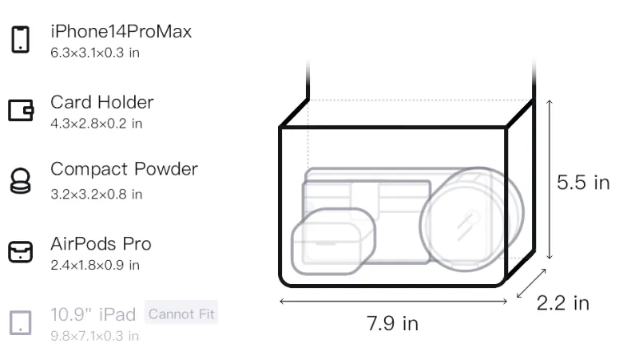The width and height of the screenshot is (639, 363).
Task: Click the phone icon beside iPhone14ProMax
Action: (21, 39)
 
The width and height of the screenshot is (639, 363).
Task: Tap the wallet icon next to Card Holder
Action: (21, 110)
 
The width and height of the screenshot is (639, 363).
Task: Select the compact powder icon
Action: (21, 180)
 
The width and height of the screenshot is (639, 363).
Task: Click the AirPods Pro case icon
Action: (21, 252)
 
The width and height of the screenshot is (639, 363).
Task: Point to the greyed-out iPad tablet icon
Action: (21, 323)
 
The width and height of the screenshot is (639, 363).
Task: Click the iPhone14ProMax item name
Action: (121, 32)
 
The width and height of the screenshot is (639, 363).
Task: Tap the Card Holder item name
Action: (102, 102)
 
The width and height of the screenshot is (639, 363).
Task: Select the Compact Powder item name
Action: (125, 170)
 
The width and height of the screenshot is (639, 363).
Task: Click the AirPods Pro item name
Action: (101, 244)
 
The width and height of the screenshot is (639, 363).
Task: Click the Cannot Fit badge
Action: (181, 314)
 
